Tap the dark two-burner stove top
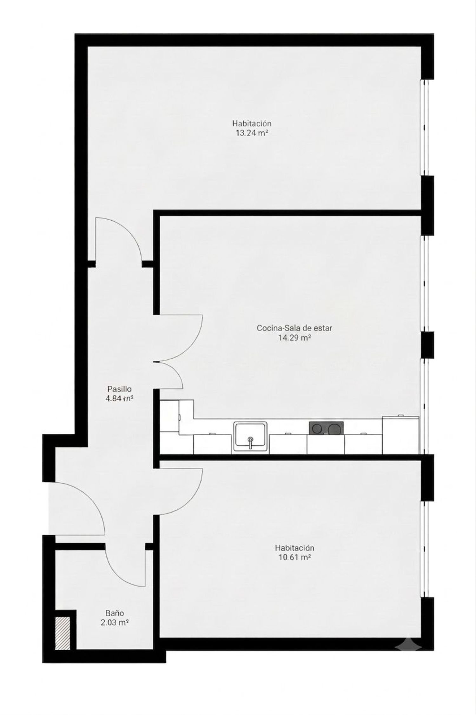(x=326, y=428)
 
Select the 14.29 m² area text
(x=294, y=338)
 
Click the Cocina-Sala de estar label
(x=294, y=328)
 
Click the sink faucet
(x=250, y=442)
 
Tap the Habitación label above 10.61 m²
(x=295, y=548)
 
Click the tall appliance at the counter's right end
(x=400, y=435)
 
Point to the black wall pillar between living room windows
(x=427, y=345)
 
